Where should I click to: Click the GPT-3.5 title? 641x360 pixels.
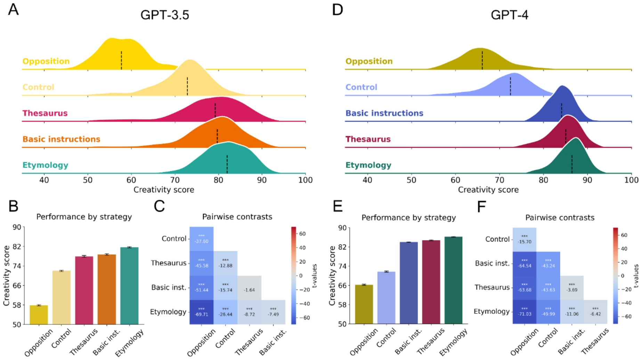point(164,15)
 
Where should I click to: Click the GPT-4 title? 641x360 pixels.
point(509,15)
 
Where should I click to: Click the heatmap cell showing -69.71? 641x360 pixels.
point(201,312)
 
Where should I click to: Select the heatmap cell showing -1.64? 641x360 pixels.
point(249,288)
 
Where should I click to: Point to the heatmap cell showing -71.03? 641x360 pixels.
point(524,312)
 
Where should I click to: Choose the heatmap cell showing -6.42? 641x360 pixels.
point(595,312)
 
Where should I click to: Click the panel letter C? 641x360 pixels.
point(159,206)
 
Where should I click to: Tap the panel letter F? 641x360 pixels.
point(481,207)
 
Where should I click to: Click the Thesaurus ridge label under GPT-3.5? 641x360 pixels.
point(45,113)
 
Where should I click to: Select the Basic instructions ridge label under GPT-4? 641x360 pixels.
point(384,113)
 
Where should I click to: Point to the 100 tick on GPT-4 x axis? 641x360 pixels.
point(631,180)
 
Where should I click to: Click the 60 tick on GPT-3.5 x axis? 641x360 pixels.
point(131,180)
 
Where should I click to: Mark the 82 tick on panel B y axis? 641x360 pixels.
point(17,247)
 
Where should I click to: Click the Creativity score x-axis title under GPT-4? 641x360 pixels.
point(488,190)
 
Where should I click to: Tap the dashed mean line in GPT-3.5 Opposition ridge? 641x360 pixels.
point(121,60)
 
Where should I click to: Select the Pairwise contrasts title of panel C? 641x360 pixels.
point(237,217)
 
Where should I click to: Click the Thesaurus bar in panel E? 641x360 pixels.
point(431,282)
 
